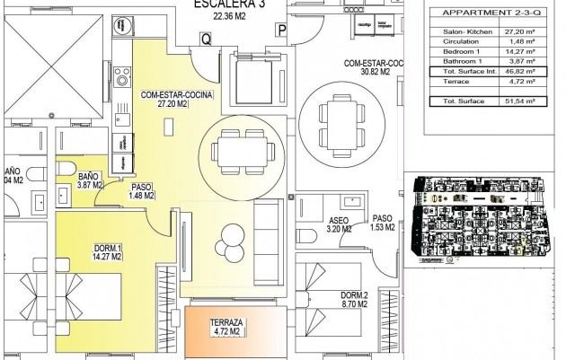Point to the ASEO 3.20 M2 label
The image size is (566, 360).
pyautogui.click(x=339, y=224)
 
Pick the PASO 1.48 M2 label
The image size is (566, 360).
pyautogui.click(x=143, y=191)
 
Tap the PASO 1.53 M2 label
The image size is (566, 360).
pyautogui.click(x=383, y=224)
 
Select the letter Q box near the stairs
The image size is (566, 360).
pyautogui.click(x=206, y=39)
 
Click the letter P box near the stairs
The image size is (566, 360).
pyautogui.click(x=281, y=31)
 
